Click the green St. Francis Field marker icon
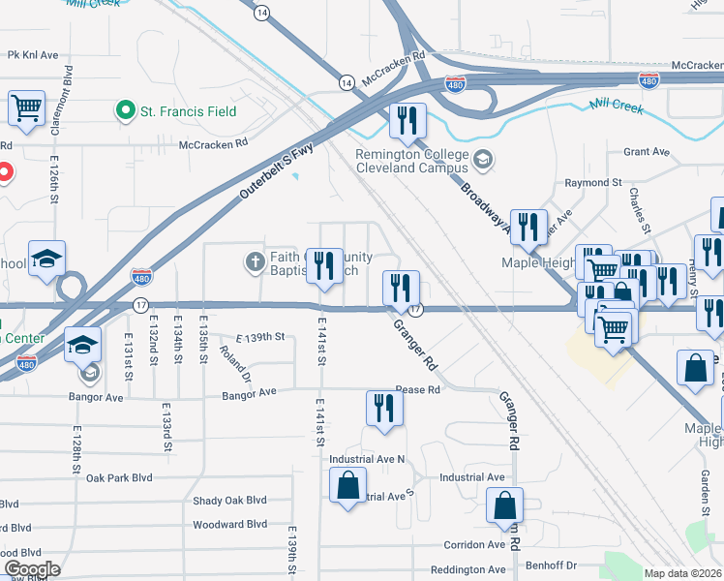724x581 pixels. point(125,111)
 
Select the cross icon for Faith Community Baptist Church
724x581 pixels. point(256,262)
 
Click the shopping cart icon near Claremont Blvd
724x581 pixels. point(27,108)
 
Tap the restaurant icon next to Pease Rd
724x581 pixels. point(384,408)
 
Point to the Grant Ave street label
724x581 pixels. point(647,152)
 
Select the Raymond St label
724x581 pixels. point(593,182)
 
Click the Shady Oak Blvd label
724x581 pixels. point(228,501)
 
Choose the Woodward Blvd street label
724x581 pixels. point(229,524)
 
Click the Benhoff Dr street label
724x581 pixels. point(551,565)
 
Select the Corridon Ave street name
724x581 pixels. point(474,544)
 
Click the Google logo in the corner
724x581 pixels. point(33,569)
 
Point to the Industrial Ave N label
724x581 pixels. point(367,458)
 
